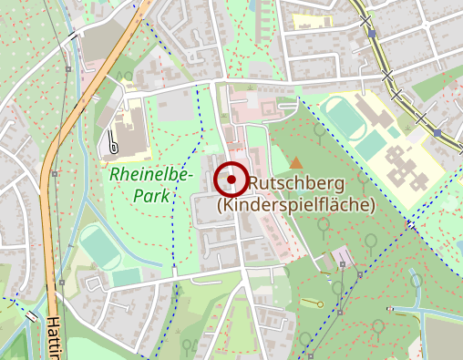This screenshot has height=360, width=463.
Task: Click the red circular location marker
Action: click(232, 180)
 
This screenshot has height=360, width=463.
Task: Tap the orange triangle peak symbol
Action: click(296, 162)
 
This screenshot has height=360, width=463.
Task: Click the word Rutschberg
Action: click(289, 183)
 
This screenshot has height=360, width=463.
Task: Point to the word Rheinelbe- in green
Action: click(145, 171)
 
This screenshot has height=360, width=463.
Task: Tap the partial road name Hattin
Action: click(53, 336)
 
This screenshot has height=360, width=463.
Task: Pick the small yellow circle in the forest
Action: click(320, 304)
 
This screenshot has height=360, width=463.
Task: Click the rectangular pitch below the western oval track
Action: click(128, 275)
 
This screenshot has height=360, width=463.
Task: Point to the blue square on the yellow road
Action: click(437, 134)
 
